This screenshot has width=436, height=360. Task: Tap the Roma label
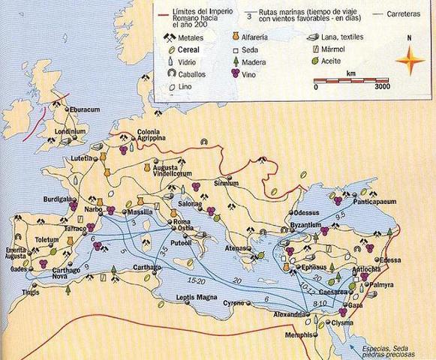point(183,221)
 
